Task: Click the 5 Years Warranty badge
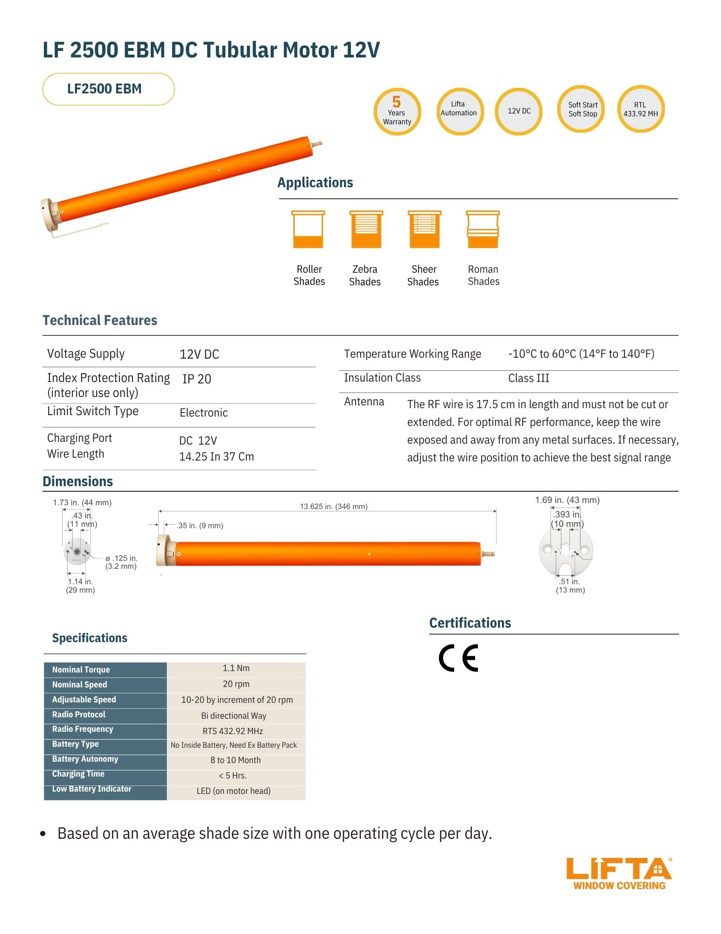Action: (x=397, y=112)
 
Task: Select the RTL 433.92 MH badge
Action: (x=641, y=109)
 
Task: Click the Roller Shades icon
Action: (x=308, y=229)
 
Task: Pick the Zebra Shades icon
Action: (x=366, y=229)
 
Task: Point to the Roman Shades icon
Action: (x=483, y=229)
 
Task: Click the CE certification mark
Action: (x=458, y=658)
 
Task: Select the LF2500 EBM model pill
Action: (x=108, y=89)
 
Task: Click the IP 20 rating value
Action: (x=196, y=379)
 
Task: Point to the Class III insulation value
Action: (x=528, y=378)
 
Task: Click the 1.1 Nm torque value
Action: (x=236, y=668)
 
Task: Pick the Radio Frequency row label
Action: (x=83, y=729)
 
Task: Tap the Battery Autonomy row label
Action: (x=85, y=759)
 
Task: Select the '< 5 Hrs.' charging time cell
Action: (x=233, y=776)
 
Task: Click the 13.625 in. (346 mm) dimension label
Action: (x=333, y=507)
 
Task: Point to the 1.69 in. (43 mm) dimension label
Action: (x=567, y=500)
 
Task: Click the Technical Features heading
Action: (x=100, y=320)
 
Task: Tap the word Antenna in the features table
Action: (x=364, y=402)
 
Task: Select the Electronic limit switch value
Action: (x=203, y=413)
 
